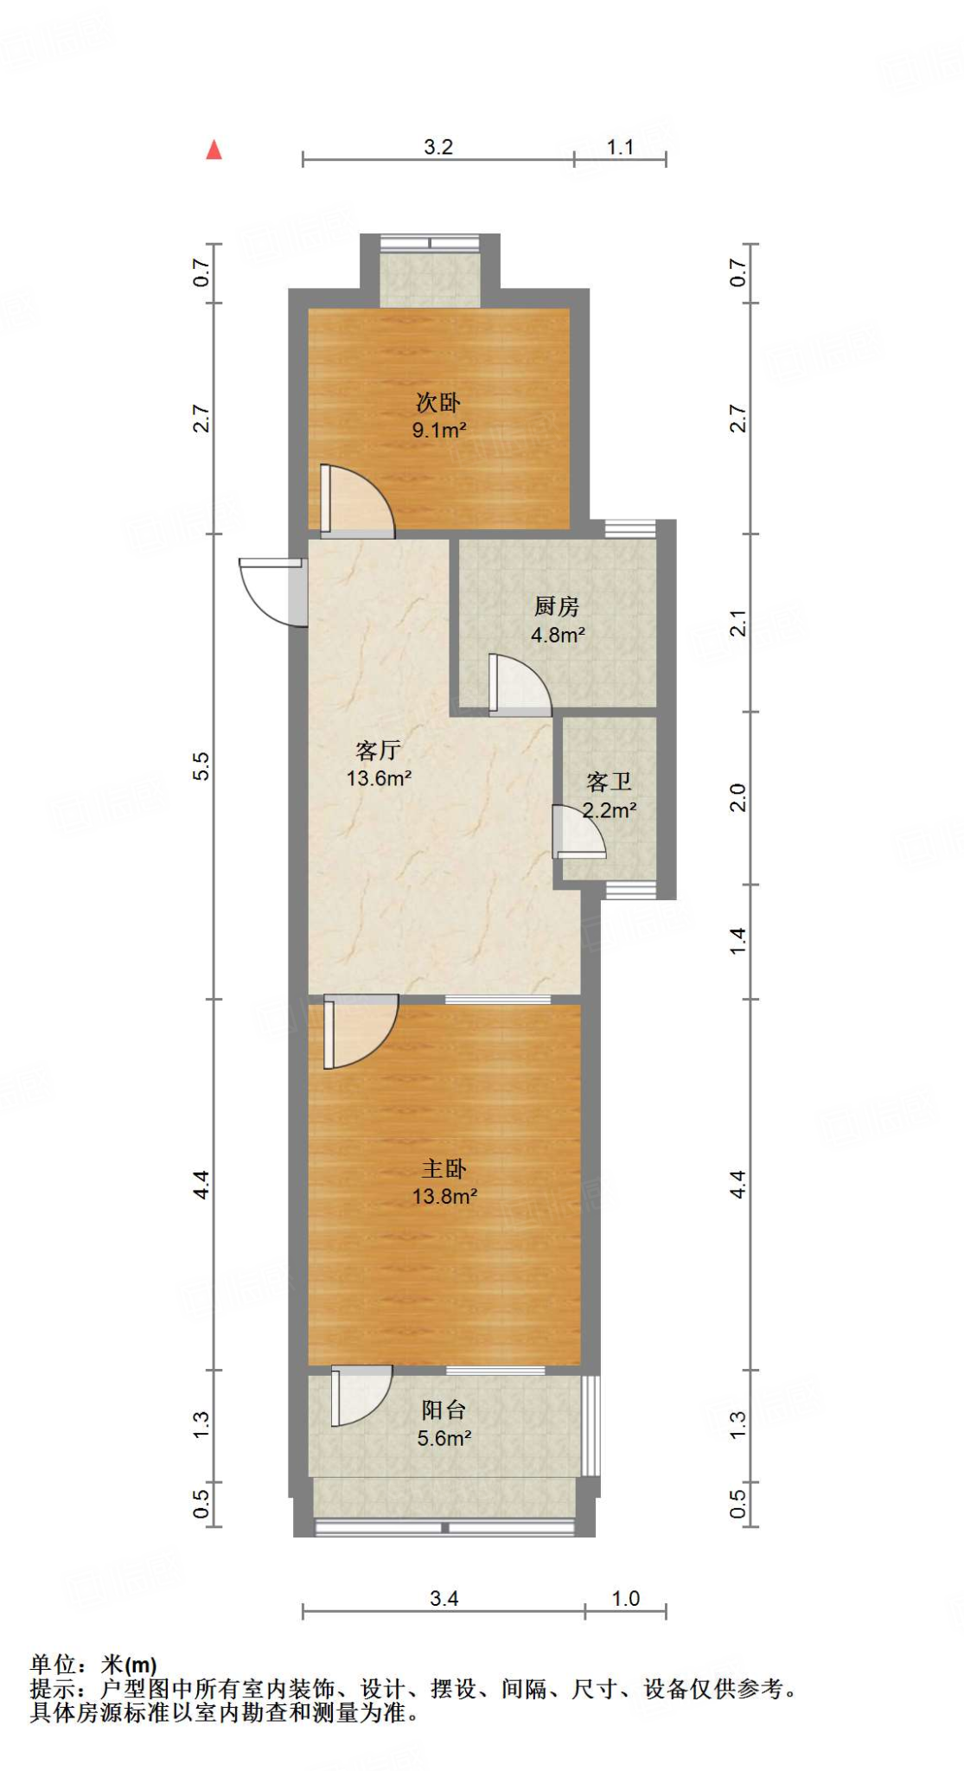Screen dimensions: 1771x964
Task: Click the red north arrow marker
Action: pos(214,150)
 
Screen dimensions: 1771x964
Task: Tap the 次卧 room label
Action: pos(438,402)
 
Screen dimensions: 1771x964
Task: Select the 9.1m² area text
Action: pos(439,430)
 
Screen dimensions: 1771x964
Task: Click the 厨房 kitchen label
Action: pos(557,606)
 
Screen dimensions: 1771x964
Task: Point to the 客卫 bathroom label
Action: pos(609,782)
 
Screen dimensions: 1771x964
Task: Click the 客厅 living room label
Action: pos(378,750)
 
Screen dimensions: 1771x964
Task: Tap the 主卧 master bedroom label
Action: pos(444,1168)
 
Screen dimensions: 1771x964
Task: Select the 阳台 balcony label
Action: pos(444,1410)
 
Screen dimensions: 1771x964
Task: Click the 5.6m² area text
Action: pos(444,1438)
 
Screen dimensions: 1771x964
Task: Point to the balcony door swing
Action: pos(359,1395)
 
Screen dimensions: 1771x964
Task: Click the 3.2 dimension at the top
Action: pos(438,147)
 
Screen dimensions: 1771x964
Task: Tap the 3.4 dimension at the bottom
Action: pos(444,1598)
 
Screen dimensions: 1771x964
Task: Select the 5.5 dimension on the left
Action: pos(201,765)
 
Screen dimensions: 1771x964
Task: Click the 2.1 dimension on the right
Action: pos(737,623)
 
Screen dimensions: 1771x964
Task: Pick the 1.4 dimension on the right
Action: pos(737,941)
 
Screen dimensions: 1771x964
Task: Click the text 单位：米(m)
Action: pos(93,1665)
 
